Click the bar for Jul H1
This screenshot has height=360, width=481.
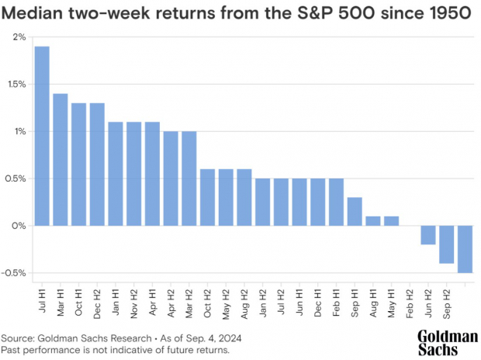[42, 136]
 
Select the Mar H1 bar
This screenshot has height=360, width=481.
[61, 159]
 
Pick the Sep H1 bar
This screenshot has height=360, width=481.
[355, 211]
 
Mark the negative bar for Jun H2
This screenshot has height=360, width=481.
[428, 235]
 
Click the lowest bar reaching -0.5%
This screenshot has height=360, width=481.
[465, 249]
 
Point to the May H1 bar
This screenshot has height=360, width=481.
[391, 221]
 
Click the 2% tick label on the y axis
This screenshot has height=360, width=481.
[19, 37]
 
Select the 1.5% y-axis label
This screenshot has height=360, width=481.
[16, 85]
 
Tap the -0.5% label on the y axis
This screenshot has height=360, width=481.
[14, 273]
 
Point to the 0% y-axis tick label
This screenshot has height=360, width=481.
[19, 226]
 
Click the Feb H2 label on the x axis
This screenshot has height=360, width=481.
[410, 298]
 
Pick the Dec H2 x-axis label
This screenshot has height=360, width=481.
[97, 298]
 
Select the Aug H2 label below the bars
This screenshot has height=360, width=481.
[244, 299]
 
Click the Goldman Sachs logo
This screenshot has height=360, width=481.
[447, 343]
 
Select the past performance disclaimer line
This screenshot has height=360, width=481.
[116, 351]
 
